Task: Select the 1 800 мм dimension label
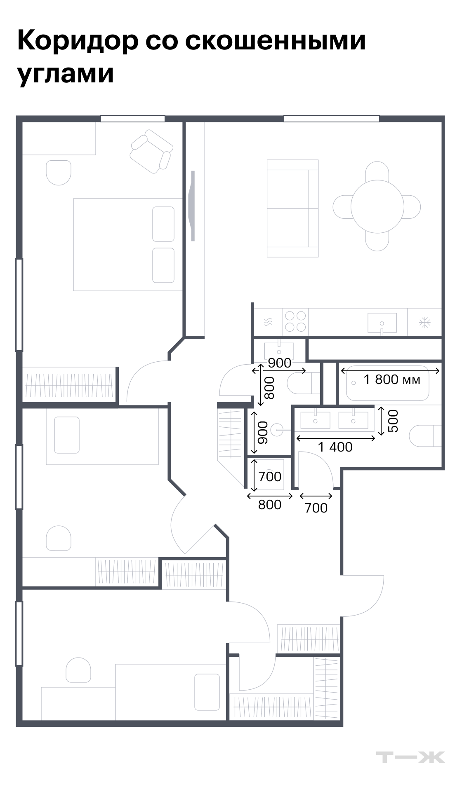click(x=392, y=379)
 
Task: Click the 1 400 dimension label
click(x=335, y=447)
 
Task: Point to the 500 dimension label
click(x=394, y=421)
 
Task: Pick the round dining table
click(x=377, y=206)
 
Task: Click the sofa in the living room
click(x=292, y=208)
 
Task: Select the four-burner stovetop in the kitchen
click(x=295, y=322)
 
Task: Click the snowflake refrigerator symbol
click(x=424, y=322)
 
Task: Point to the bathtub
click(x=387, y=383)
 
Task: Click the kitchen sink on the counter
click(x=382, y=323)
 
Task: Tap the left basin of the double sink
click(x=315, y=420)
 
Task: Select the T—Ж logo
click(x=410, y=757)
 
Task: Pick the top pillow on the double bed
click(x=163, y=224)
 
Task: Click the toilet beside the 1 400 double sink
click(x=425, y=436)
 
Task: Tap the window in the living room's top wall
click(x=331, y=119)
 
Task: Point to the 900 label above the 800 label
click(x=279, y=363)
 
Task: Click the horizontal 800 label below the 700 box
click(x=270, y=504)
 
